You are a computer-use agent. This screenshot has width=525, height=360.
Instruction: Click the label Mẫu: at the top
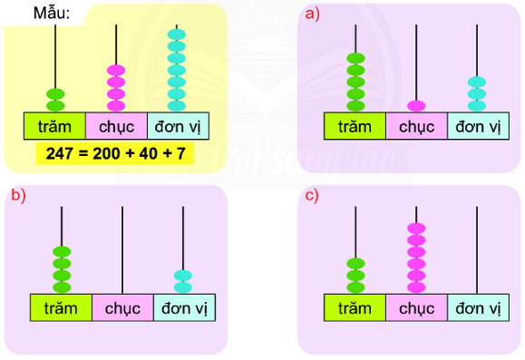pos(53,14)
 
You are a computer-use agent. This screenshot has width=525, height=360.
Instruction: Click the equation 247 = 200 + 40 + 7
pos(111,154)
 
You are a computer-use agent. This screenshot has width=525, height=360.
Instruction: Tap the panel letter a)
pos(313,14)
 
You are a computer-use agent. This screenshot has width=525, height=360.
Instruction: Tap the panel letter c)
pos(313,195)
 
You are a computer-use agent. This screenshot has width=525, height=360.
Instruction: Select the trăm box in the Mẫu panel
pos(54,125)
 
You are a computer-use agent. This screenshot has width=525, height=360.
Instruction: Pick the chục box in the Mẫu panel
pos(116,125)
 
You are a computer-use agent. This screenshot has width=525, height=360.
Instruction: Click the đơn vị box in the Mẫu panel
pos(177,125)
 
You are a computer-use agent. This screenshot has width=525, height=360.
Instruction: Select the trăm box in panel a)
pos(355,126)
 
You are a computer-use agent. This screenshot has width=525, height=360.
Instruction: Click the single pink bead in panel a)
pos(416,104)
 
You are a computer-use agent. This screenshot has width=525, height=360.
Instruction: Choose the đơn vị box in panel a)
pos(478,126)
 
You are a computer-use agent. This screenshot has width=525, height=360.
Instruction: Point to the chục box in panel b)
pos(122,307)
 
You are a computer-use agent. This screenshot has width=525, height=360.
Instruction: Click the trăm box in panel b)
pos(61,307)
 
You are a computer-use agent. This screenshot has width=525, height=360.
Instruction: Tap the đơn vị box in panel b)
pos(184,307)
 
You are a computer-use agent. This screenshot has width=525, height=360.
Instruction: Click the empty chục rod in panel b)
pos(122,249)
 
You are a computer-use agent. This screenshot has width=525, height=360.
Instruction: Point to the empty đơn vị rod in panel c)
pos(478,249)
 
